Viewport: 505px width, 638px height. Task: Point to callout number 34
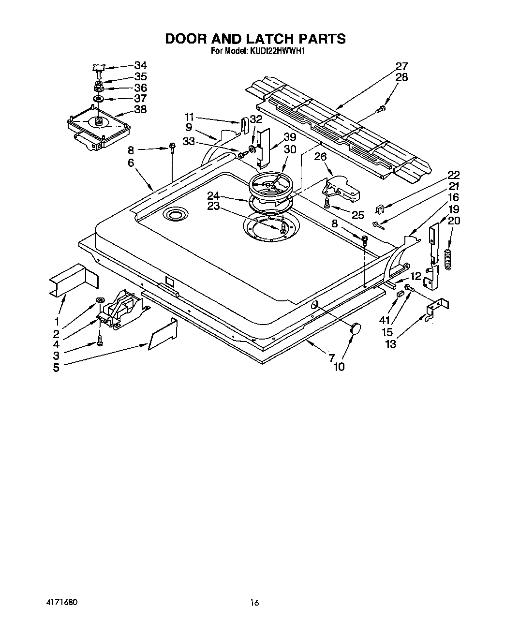pos(140,65)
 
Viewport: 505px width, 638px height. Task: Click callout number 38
pos(140,109)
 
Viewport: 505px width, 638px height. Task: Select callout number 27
pos(401,66)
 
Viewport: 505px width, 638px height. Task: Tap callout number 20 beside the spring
pos(454,221)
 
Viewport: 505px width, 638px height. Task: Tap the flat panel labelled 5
pos(162,334)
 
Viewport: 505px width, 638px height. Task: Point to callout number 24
pos(213,195)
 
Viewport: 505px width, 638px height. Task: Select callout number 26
pos(321,156)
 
